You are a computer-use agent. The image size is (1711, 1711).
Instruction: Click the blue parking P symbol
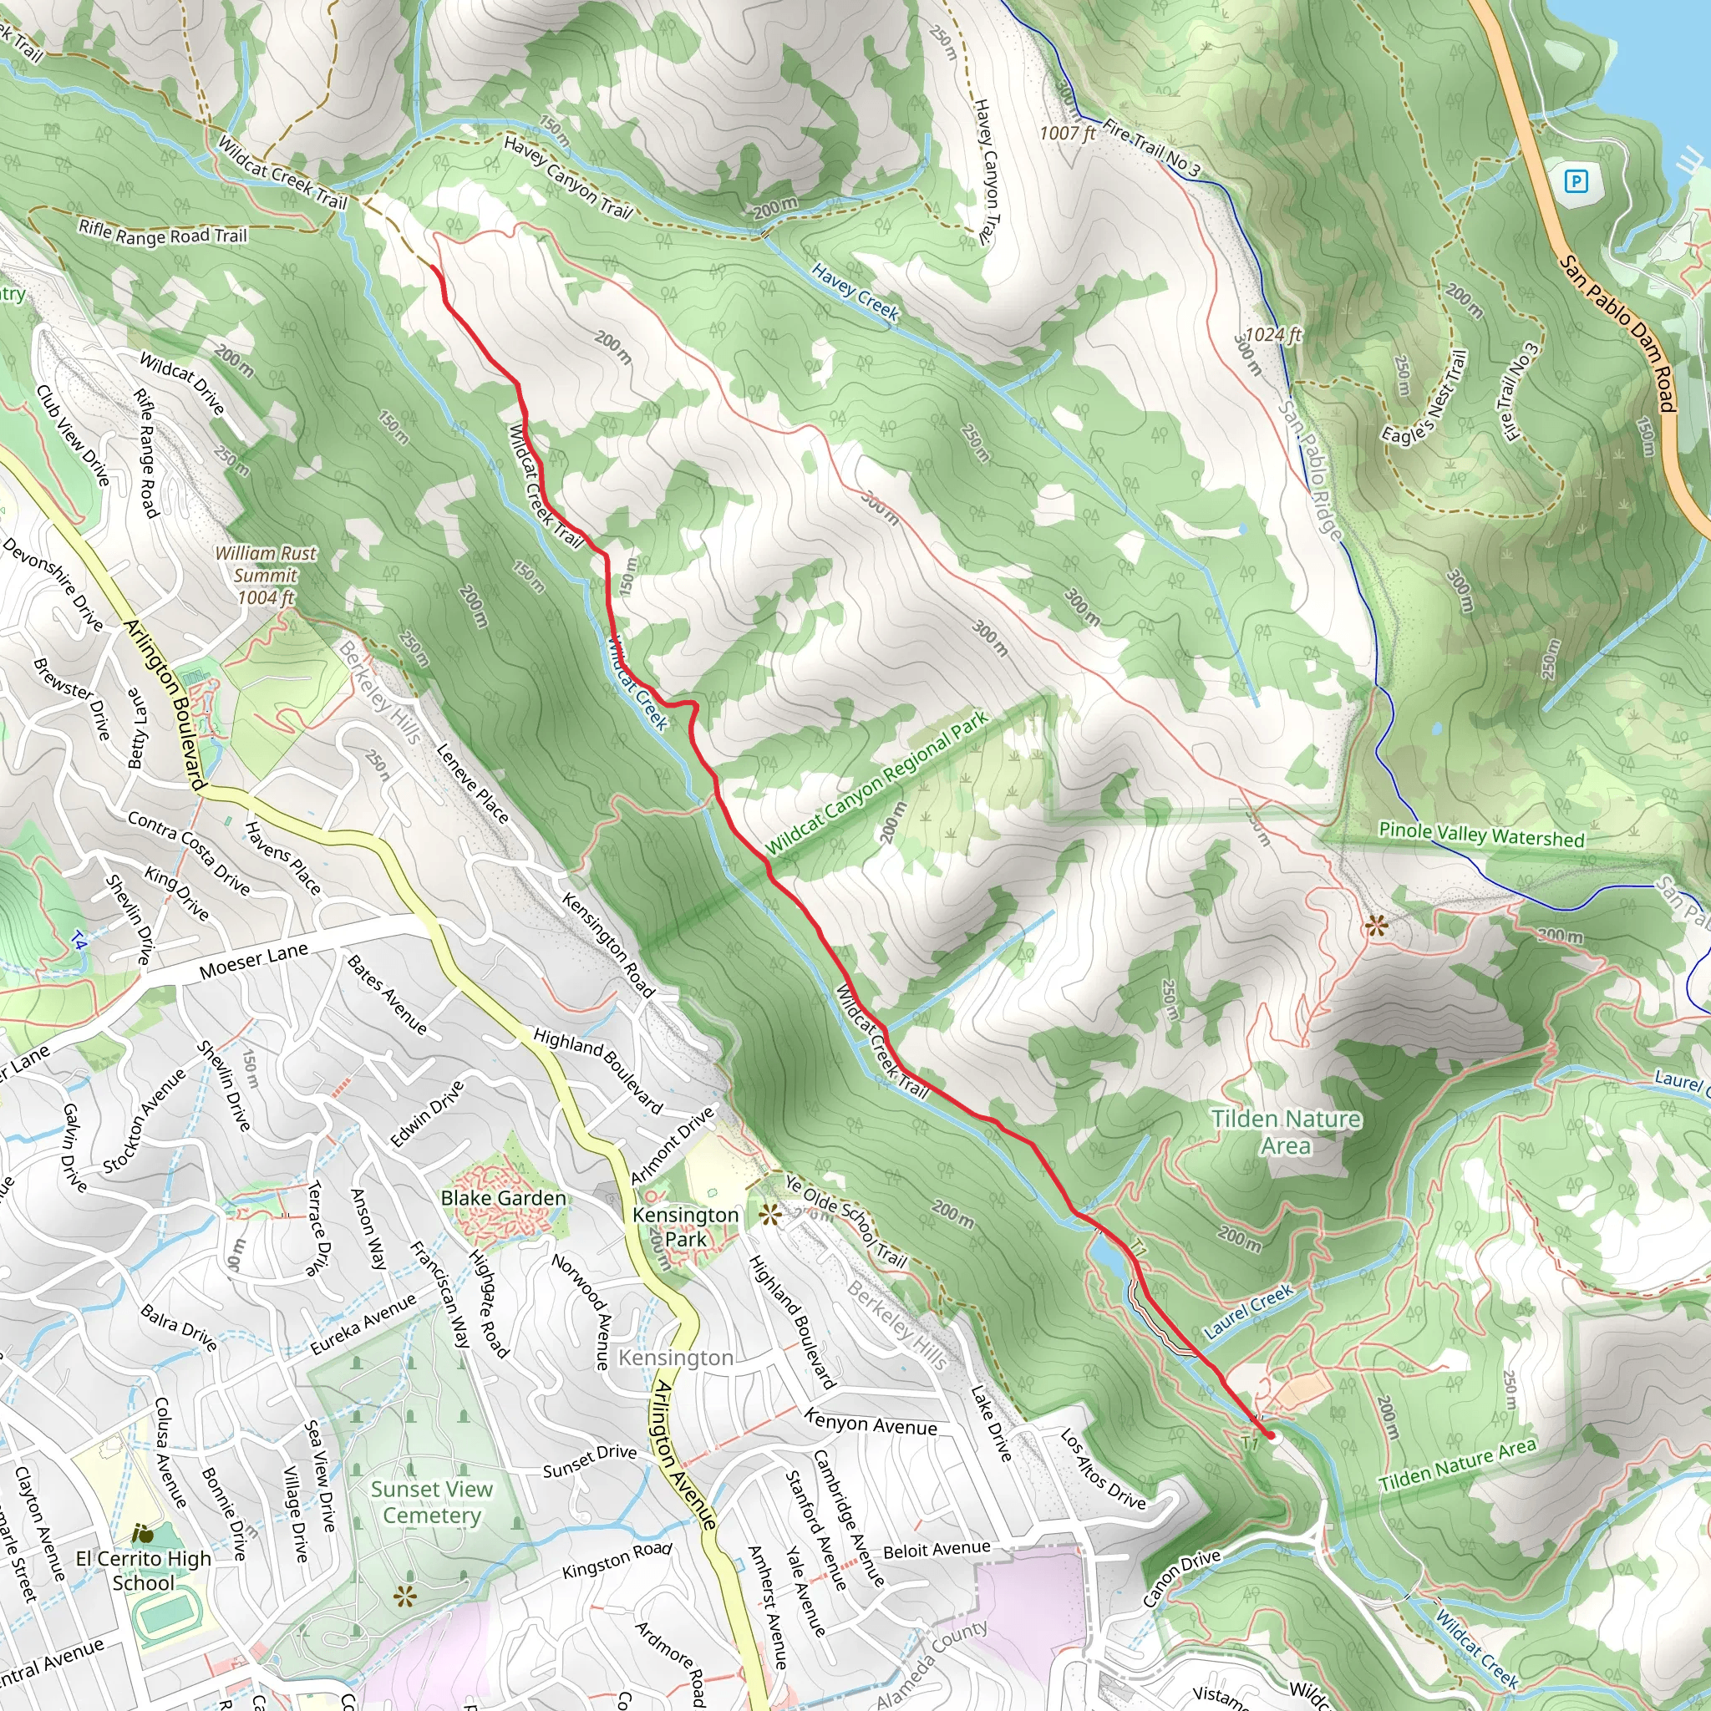click(1576, 181)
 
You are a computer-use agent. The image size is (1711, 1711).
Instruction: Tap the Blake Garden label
click(503, 1198)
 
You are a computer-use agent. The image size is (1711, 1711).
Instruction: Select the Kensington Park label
click(684, 1226)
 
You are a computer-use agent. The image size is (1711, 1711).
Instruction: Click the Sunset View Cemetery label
click(431, 1502)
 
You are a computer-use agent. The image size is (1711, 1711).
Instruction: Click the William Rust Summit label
click(265, 575)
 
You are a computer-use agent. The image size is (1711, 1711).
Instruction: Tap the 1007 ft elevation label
click(1067, 133)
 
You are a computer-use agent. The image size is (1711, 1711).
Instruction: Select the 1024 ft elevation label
click(1272, 334)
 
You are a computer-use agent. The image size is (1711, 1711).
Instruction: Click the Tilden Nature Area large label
click(1286, 1132)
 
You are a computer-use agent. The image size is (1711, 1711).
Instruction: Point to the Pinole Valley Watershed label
click(1480, 835)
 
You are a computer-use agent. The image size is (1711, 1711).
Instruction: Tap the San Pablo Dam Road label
click(1617, 333)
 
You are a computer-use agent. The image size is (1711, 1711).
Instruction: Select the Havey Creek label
click(855, 293)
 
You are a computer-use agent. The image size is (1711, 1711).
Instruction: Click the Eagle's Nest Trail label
click(1425, 396)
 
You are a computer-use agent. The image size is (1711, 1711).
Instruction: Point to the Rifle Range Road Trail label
click(163, 233)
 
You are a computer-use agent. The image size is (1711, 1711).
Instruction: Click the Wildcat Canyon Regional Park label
click(876, 783)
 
